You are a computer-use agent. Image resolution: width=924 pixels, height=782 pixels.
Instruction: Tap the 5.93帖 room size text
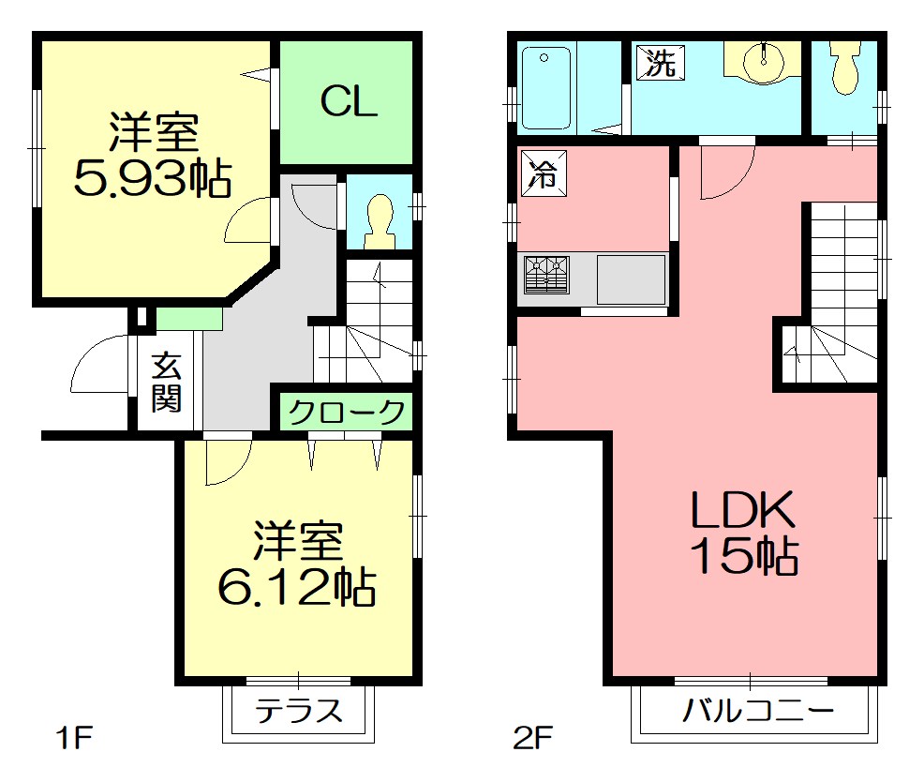[x=153, y=179]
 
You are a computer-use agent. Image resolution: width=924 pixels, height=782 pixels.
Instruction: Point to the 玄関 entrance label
[x=167, y=383]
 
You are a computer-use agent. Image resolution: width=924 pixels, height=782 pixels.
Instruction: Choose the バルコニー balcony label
[x=757, y=711]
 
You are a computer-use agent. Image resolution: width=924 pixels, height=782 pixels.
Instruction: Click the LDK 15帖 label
[x=743, y=533]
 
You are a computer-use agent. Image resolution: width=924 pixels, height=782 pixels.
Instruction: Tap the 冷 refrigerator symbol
[x=543, y=173]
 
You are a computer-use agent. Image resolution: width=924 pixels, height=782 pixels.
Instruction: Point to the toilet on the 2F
[x=845, y=69]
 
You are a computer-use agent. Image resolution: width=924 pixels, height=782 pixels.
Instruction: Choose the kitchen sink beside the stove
[x=631, y=279]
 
